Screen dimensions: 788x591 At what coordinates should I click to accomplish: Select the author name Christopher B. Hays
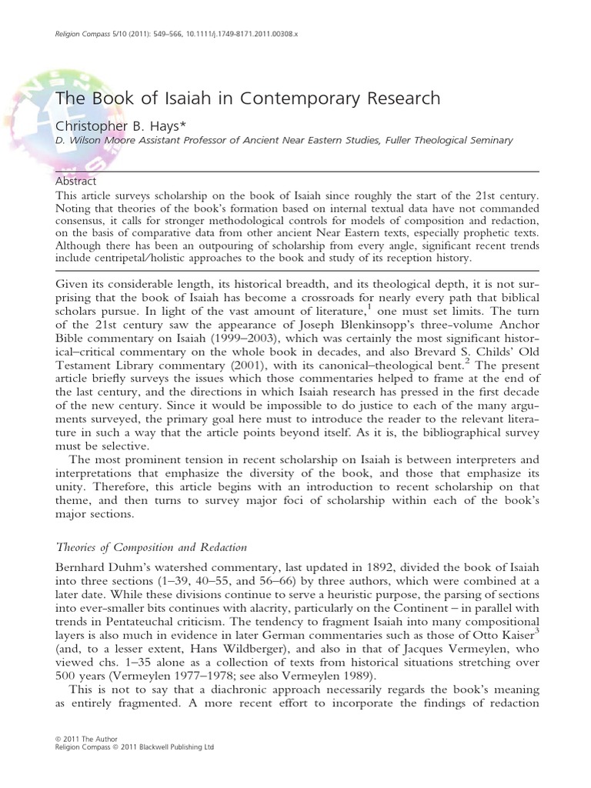pos(119,123)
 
